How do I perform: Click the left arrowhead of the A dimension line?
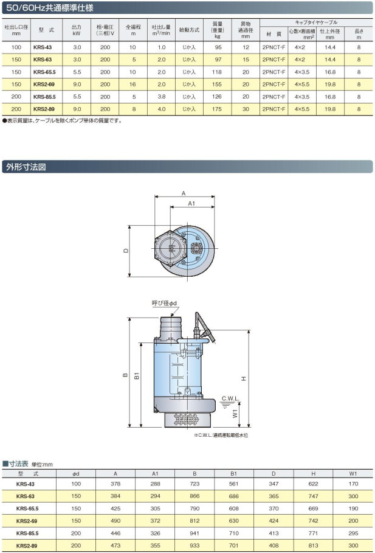pyautogui.click(x=156, y=197)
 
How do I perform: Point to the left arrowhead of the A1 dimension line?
pyautogui.click(x=172, y=207)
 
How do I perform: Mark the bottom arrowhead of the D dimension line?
pyautogui.click(x=129, y=275)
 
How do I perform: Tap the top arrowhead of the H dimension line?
pyautogui.click(x=249, y=332)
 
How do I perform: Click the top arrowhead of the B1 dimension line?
pyautogui.click(x=142, y=344)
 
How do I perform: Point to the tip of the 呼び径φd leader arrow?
pyautogui.click(x=171, y=316)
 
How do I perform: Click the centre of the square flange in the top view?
pyautogui.click(x=196, y=248)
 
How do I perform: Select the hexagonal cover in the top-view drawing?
pyautogui.click(x=170, y=248)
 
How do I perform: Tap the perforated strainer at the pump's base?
pyautogui.click(x=187, y=419)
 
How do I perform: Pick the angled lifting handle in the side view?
pyautogui.click(x=204, y=327)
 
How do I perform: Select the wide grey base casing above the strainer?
pyautogui.click(x=184, y=403)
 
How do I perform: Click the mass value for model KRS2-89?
pyautogui.click(x=217, y=109)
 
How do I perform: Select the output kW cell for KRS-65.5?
pyautogui.click(x=77, y=72)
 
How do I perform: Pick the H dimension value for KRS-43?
pyautogui.click(x=313, y=484)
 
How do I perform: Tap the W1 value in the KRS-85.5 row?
pyautogui.click(x=353, y=534)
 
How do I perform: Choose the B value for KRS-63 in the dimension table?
pyautogui.click(x=194, y=496)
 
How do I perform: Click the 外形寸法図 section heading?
pyautogui.click(x=26, y=167)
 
